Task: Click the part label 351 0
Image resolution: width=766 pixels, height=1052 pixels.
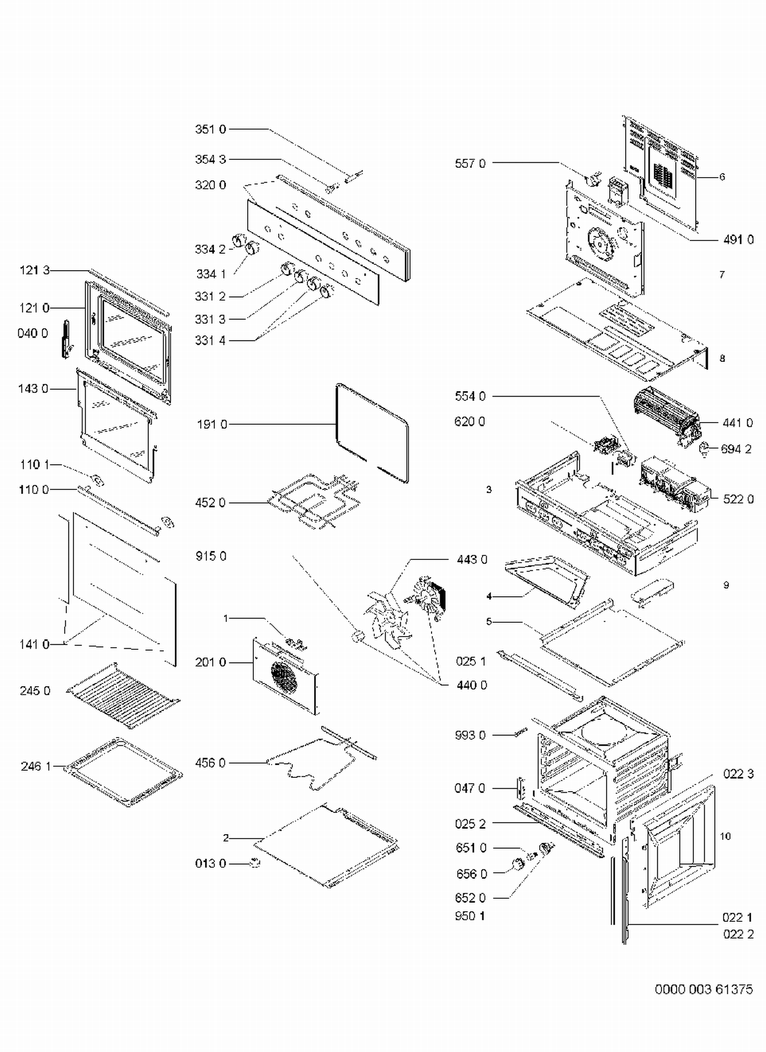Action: pyautogui.click(x=210, y=129)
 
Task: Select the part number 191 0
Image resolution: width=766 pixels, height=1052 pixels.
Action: pyautogui.click(x=212, y=424)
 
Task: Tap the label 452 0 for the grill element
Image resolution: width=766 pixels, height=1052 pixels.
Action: pyautogui.click(x=210, y=503)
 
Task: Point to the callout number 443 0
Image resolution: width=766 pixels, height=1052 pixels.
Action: pyautogui.click(x=472, y=560)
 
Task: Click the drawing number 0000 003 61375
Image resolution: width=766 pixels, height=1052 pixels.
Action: pyautogui.click(x=703, y=989)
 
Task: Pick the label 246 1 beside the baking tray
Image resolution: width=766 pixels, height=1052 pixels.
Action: pyautogui.click(x=36, y=766)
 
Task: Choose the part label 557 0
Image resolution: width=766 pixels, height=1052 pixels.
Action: pyautogui.click(x=470, y=163)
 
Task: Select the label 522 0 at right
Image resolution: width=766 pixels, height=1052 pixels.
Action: pyautogui.click(x=738, y=499)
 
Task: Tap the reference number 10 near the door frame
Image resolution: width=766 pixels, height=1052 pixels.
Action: pyautogui.click(x=725, y=836)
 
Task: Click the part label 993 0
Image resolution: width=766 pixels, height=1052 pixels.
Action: pyautogui.click(x=470, y=735)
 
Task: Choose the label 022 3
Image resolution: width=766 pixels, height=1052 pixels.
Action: pyautogui.click(x=738, y=774)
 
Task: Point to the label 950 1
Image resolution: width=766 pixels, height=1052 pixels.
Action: pyautogui.click(x=470, y=916)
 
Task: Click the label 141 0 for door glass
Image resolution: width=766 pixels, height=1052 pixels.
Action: pyautogui.click(x=35, y=644)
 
